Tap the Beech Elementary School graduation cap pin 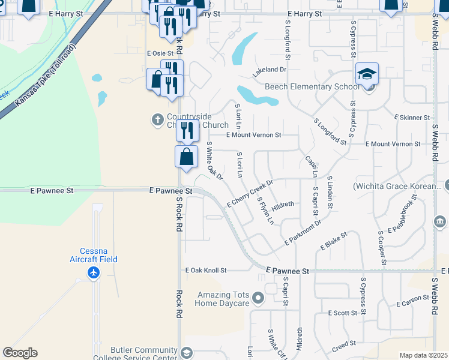click(x=367, y=74)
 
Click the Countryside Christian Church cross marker click(x=158, y=119)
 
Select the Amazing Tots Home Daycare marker click(x=258, y=298)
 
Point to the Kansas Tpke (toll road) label click(x=43, y=77)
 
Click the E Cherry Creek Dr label click(x=250, y=194)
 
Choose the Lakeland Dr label click(x=270, y=70)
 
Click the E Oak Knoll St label click(x=206, y=271)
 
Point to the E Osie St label click(x=160, y=53)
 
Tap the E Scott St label click(x=343, y=313)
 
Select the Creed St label click(x=344, y=344)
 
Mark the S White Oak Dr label click(x=215, y=161)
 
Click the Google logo click(x=20, y=353)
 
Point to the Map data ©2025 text click(x=423, y=355)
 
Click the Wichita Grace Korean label click(x=397, y=186)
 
